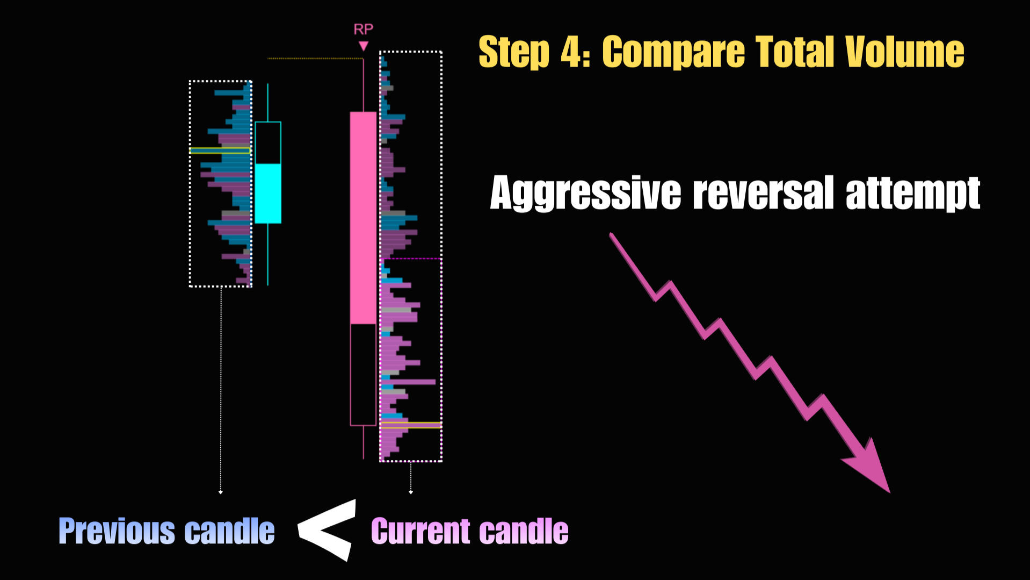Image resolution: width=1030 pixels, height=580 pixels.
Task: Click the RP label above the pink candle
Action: [x=363, y=30]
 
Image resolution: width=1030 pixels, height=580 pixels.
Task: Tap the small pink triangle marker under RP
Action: [x=364, y=46]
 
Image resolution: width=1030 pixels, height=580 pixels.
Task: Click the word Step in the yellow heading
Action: [x=514, y=53]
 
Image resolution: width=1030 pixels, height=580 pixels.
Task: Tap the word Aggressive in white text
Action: [x=585, y=193]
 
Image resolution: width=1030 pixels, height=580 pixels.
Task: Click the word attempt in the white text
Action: [x=913, y=194]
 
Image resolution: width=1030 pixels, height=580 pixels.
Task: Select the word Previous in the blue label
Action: [x=117, y=531]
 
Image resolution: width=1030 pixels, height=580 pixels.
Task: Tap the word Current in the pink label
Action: [x=421, y=531]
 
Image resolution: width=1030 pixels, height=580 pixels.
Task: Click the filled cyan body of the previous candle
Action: [x=268, y=194]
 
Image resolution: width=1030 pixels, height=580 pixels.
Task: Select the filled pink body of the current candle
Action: [x=363, y=218]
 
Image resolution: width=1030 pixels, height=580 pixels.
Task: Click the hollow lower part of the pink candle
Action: [x=363, y=375]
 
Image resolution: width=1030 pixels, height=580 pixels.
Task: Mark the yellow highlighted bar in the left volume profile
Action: [x=220, y=151]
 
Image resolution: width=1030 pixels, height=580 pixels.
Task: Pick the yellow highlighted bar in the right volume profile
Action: [x=411, y=425]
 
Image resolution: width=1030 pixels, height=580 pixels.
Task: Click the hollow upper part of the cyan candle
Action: [x=268, y=143]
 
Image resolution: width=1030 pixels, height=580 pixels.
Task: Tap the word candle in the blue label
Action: [x=230, y=531]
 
